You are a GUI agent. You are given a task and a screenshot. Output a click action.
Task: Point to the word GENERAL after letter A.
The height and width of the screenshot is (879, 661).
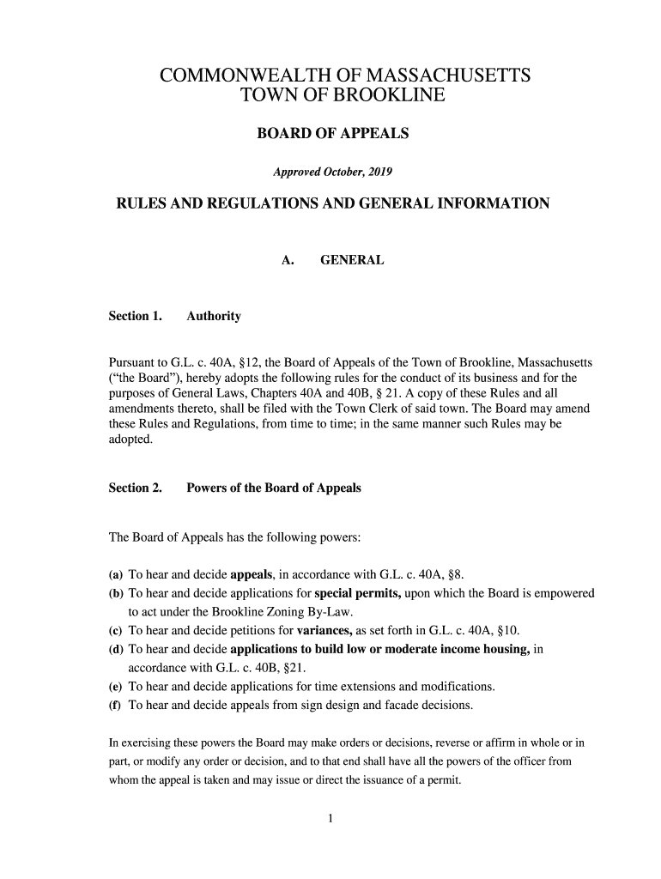tap(352, 259)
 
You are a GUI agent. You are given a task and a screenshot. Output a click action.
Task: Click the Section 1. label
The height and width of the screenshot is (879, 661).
tap(135, 316)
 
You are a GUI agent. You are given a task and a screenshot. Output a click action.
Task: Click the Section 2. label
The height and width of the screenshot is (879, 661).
tap(135, 488)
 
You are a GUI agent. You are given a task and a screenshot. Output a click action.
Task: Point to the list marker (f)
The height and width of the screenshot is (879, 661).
tap(115, 706)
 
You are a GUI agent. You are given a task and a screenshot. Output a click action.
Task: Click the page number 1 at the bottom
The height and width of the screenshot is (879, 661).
tap(330, 818)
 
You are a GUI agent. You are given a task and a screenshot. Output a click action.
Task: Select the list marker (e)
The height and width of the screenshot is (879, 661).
tap(115, 687)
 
